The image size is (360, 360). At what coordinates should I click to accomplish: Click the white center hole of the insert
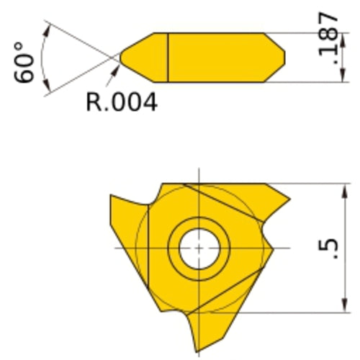coord(198,248)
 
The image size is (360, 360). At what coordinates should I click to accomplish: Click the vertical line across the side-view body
coord(168,57)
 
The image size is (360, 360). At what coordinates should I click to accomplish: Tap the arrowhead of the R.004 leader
coord(117,67)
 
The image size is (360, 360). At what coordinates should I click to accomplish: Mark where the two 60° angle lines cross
coord(114,57)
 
